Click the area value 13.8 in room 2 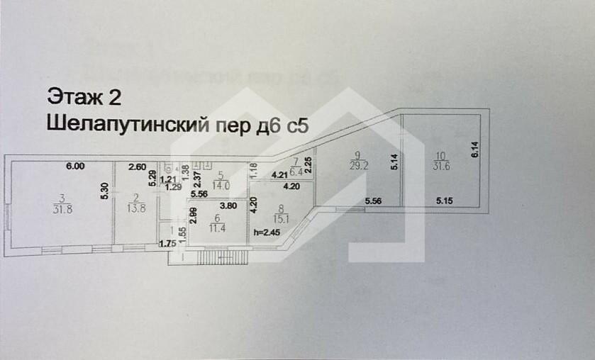(137, 209)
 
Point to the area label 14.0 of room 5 (222, 181)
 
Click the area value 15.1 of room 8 (279, 217)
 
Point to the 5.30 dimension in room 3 (104, 193)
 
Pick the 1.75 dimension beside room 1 (167, 244)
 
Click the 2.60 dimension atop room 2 (137, 167)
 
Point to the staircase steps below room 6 (216, 256)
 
